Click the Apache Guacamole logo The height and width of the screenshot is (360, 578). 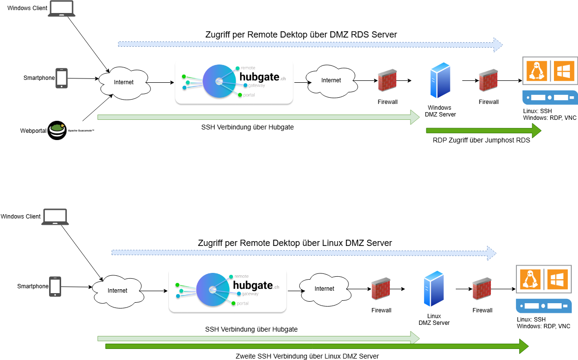[x=57, y=130]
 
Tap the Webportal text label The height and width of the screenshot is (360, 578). [x=33, y=131]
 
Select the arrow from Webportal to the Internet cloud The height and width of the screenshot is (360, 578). [x=98, y=108]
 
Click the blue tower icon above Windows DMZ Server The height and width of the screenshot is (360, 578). [x=440, y=80]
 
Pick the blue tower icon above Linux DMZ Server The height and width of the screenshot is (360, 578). [x=434, y=288]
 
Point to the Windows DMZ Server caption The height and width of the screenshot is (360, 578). [x=440, y=111]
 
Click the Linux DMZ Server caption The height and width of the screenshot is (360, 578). [x=434, y=320]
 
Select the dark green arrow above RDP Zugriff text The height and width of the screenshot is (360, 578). [x=484, y=130]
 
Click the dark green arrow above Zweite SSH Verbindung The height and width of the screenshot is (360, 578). [x=317, y=347]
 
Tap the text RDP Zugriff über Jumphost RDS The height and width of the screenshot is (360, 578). [x=481, y=140]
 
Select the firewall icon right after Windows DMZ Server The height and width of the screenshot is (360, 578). [x=488, y=80]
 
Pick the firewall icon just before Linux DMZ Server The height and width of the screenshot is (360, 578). [x=381, y=288]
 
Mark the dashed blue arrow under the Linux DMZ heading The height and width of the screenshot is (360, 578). [x=304, y=253]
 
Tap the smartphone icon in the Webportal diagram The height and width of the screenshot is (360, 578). [x=62, y=78]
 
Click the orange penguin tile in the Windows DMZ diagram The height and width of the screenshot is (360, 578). [x=537, y=71]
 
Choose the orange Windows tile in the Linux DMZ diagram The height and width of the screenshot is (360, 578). [x=557, y=280]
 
